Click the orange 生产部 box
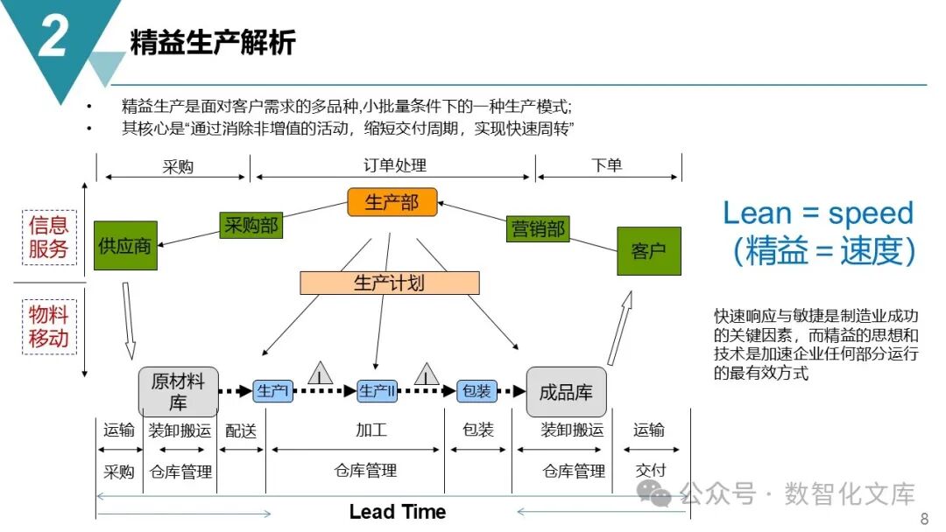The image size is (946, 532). pos(392,202)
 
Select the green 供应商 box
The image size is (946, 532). pos(125,246)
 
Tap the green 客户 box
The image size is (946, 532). pos(648,251)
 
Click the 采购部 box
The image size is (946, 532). pos(249,225)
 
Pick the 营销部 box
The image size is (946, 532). pos(538,229)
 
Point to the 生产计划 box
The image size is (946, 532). pos(389,283)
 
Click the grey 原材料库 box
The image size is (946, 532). pos(178,391)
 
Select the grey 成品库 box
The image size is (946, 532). pos(566,391)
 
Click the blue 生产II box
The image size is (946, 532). pos(378,391)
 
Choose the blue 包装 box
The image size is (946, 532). pos(477,391)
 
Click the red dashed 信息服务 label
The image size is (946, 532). pos(48,236)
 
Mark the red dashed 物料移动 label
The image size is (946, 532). pos(48,326)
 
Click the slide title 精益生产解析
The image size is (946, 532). pos(213,42)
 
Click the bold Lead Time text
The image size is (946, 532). pos(398,512)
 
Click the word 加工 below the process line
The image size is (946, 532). pos(371,430)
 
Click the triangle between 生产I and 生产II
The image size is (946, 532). pos(321,374)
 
